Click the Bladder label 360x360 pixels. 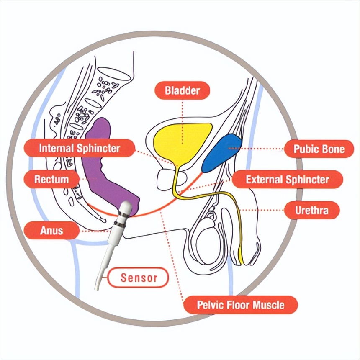(182, 90)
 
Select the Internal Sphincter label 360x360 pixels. (80, 148)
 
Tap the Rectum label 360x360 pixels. (51, 179)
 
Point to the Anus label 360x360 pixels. (51, 230)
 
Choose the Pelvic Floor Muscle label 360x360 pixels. (241, 304)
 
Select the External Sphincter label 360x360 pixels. (287, 180)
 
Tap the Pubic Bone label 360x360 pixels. (319, 149)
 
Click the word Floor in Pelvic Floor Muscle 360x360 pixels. (240, 304)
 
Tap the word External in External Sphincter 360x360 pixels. (264, 180)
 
